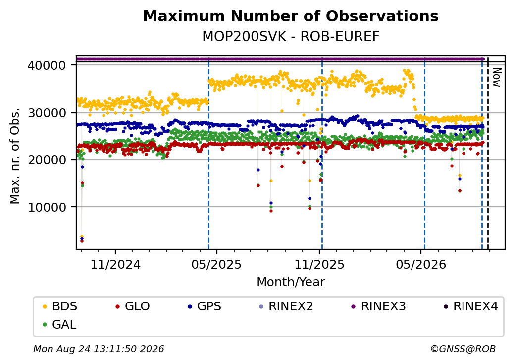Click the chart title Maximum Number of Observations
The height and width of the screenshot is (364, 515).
click(291, 16)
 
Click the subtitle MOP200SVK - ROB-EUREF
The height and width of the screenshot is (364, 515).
click(291, 36)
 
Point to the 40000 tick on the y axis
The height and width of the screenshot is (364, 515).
click(47, 65)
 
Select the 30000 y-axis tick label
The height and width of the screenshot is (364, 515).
click(47, 113)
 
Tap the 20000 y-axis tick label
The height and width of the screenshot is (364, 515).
click(47, 160)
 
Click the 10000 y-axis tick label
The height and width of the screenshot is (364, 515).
click(47, 207)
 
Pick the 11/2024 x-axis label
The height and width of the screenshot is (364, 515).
click(115, 264)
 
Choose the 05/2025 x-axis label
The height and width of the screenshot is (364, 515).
click(216, 264)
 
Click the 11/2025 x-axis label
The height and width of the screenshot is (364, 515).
click(319, 264)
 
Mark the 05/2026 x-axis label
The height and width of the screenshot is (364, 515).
click(421, 264)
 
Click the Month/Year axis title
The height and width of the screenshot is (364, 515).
click(291, 282)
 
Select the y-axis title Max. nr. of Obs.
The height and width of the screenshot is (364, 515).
click(15, 156)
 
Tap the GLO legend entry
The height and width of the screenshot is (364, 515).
click(133, 306)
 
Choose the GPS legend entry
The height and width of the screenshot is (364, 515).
click(205, 306)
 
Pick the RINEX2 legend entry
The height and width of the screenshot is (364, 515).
click(286, 306)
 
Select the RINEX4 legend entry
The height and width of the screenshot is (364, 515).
click(470, 306)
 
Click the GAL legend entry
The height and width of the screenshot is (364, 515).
click(60, 324)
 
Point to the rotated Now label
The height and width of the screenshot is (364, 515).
click(497, 77)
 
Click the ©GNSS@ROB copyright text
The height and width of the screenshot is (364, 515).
click(463, 349)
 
